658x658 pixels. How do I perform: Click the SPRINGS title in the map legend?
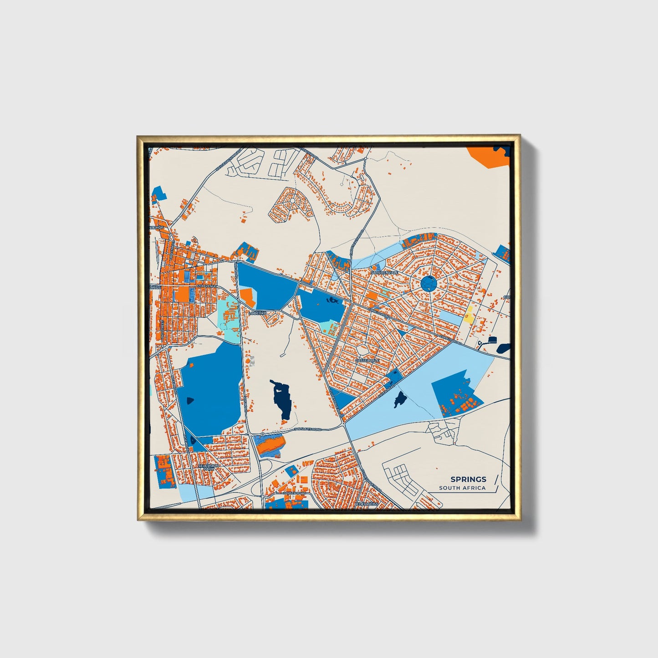click(468, 479)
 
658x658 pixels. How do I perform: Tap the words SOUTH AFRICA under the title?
click(462, 488)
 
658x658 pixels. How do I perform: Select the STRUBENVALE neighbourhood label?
click(384, 272)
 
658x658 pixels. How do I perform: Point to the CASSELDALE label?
click(367, 360)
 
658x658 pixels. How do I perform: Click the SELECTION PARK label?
click(209, 467)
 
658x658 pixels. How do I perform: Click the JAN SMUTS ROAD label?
click(307, 429)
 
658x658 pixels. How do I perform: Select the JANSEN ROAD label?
click(293, 493)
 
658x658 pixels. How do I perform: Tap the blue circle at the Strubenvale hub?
click(428, 284)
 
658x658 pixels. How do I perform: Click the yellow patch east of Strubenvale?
click(468, 315)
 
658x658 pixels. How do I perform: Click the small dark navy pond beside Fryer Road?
click(400, 399)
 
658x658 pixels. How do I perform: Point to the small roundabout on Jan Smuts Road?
click(263, 434)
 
